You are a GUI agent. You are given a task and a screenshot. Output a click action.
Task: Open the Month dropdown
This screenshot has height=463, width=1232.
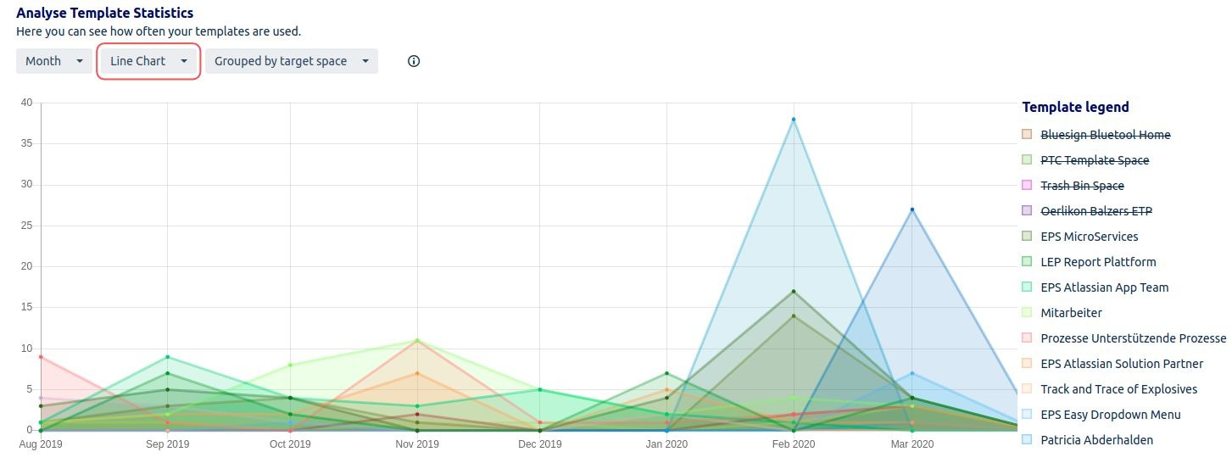tap(53, 61)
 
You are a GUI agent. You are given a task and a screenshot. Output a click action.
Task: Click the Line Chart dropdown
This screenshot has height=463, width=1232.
tap(148, 61)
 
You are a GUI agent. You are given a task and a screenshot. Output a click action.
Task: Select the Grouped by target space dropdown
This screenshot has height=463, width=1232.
tap(291, 61)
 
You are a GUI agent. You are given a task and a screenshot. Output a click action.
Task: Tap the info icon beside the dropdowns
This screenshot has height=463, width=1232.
tap(414, 61)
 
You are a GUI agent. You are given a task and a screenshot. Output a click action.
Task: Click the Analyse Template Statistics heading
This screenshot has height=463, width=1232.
tap(104, 14)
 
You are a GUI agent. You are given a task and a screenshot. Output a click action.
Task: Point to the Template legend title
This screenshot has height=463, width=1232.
tap(1075, 107)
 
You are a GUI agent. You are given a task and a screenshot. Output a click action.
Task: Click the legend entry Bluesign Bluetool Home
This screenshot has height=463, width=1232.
tap(1105, 135)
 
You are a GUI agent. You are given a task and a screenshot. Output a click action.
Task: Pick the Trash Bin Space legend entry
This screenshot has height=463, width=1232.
tap(1082, 186)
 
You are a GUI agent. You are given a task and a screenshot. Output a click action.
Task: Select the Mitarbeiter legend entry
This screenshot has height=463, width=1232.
tap(1071, 313)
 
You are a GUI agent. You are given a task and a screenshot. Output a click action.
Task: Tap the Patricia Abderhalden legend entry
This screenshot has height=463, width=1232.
tap(1096, 440)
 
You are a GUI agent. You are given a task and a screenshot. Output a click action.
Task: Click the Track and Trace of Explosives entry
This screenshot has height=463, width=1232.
tap(1118, 389)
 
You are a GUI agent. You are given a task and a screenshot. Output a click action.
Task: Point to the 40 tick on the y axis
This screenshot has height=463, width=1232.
tap(26, 103)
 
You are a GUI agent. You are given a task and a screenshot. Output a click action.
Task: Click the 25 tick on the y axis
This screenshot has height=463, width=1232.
tap(26, 226)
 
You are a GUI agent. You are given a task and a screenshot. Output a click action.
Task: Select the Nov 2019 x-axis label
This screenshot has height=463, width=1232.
tap(416, 444)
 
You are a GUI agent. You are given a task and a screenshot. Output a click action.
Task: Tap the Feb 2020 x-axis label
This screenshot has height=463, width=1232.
tap(793, 444)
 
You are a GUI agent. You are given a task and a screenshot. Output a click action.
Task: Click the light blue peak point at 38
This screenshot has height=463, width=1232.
tap(794, 120)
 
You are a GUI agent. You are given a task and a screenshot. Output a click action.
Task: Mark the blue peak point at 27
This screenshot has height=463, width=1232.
tap(912, 209)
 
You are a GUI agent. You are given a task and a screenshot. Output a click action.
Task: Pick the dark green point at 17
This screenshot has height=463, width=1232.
tap(794, 292)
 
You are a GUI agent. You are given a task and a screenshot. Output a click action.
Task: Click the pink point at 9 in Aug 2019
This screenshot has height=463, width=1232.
tap(41, 357)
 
